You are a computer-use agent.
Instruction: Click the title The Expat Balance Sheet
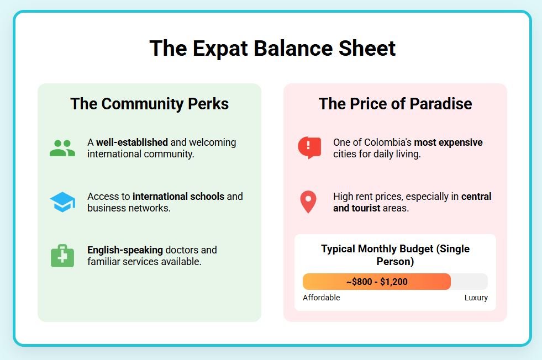coord(272,48)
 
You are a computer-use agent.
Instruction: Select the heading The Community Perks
coord(149,104)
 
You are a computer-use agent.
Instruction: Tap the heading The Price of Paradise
coord(395,104)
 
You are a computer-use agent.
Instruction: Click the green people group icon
coord(62,148)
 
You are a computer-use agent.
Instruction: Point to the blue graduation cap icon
coord(62,202)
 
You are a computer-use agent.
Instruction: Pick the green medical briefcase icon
coord(62,256)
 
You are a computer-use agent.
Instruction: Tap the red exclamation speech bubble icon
coord(309,147)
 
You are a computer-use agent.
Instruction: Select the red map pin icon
coord(308,202)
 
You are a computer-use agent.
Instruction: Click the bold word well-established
coord(132,142)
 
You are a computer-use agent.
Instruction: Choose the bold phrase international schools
coord(178,196)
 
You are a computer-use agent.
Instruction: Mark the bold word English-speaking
coord(125,250)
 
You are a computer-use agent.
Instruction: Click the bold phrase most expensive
coord(448,142)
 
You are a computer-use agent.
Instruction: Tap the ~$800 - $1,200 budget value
coord(377,282)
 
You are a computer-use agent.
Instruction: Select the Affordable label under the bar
coord(322,298)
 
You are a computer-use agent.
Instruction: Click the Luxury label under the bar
coord(476,298)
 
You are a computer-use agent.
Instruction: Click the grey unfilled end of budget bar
coord(470,282)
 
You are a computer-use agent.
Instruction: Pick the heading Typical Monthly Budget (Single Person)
coord(395,255)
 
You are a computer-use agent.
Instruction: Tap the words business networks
coord(129,208)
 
